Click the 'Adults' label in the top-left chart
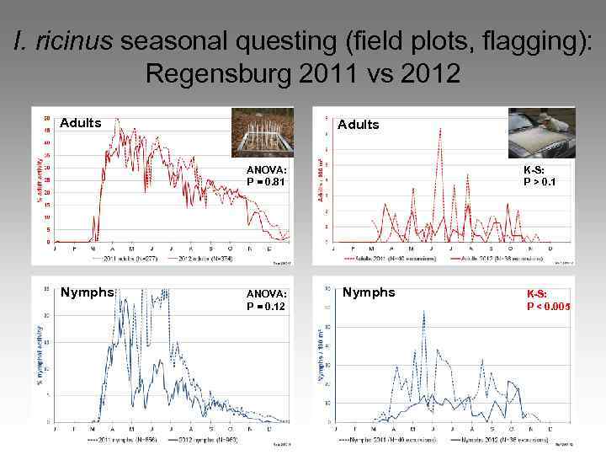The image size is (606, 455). tap(81, 123)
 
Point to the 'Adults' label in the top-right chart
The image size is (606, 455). tap(358, 125)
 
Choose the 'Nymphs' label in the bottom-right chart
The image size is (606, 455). tap(369, 292)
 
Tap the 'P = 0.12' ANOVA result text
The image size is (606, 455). tap(266, 306)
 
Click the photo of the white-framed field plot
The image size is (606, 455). tap(262, 134)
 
